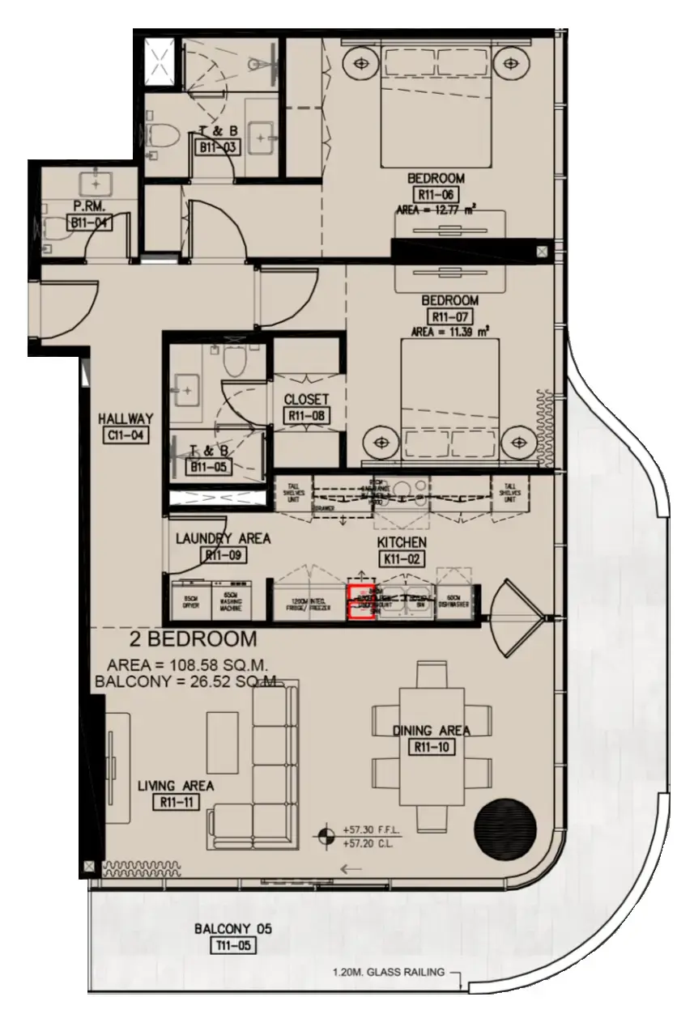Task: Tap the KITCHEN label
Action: [401, 541]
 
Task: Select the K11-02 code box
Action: [401, 558]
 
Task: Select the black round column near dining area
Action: [505, 829]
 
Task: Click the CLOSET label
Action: [306, 399]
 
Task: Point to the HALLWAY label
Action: [125, 418]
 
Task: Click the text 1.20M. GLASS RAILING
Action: [388, 973]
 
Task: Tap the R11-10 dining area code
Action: [431, 747]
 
